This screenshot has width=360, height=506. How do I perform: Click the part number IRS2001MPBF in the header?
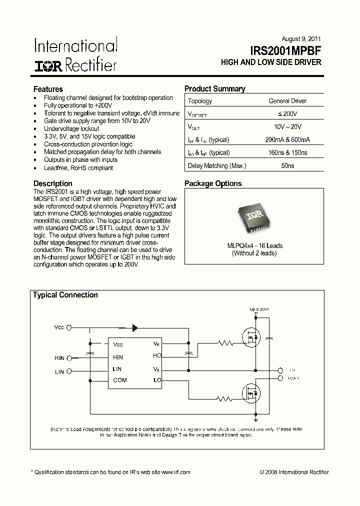[285, 50]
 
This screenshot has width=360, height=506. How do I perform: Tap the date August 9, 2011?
[301, 39]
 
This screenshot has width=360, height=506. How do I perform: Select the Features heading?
[48, 89]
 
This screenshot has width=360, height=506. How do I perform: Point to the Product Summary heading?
[214, 89]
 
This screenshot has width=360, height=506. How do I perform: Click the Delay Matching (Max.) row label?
[216, 165]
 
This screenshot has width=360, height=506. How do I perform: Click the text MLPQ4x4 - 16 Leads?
[254, 245]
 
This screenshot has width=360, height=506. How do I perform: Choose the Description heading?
[52, 183]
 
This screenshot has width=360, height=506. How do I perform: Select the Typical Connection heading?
[65, 295]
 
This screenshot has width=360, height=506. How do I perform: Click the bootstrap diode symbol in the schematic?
[135, 328]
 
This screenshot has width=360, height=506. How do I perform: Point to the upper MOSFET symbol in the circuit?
[251, 338]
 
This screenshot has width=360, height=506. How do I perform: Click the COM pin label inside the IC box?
[120, 380]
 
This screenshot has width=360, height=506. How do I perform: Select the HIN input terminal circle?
[69, 358]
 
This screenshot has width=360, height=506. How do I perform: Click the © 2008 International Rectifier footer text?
[294, 472]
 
